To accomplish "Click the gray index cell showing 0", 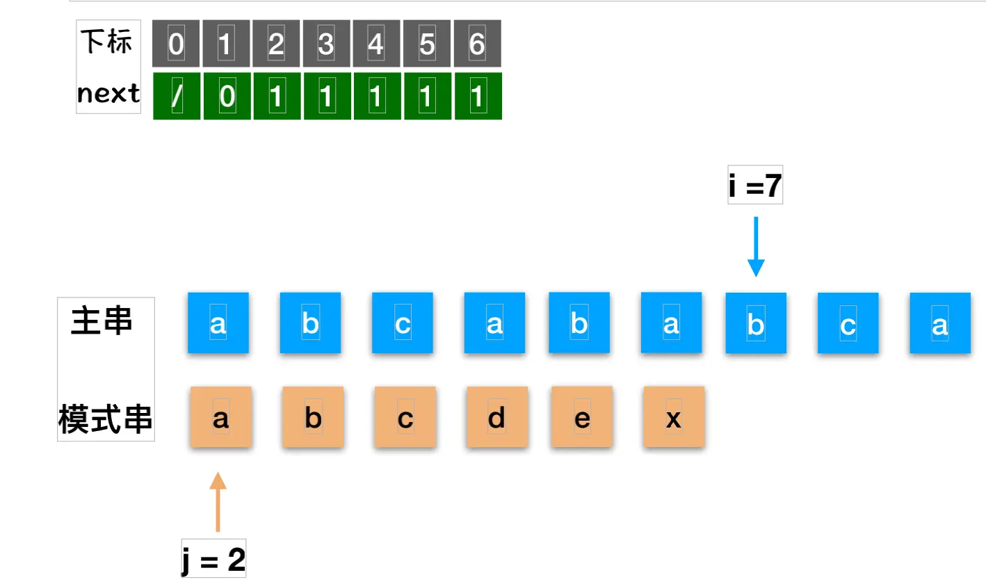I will coord(177,44).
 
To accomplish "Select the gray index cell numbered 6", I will coord(477,44).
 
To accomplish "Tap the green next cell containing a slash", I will coord(177,97).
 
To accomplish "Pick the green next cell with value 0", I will coord(227,97).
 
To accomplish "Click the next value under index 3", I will coord(327,97).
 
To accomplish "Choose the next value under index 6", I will coord(477,97).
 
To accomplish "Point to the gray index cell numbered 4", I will coord(377,44).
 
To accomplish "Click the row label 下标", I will coord(107,42).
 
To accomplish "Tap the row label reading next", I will coord(108,93).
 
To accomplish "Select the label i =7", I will coord(755,186).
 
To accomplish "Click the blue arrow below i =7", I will coord(756,247).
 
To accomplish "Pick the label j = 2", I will coord(213,560).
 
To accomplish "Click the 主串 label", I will coord(102,323).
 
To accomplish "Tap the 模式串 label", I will coord(106,420).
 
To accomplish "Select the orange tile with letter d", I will coord(496,417).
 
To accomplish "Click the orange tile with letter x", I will coord(674,417).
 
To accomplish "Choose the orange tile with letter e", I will coord(582,417).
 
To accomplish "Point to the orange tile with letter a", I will coord(220,417).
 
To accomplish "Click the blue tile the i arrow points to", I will coord(756,323).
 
